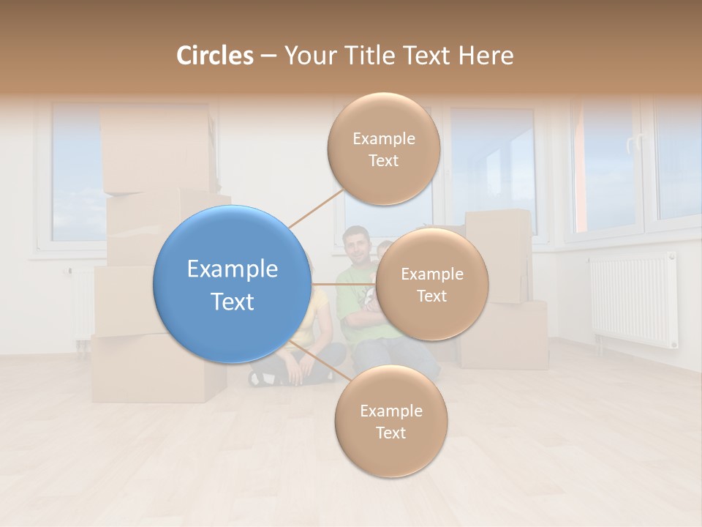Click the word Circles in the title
pos(214,56)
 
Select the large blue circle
pos(232,284)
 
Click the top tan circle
pos(383,149)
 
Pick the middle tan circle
pos(431,284)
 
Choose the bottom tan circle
pos(390,422)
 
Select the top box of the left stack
pos(156,150)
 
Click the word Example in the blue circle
pos(232,269)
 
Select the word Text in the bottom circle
pos(390,433)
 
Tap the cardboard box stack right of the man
pos(505,293)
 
